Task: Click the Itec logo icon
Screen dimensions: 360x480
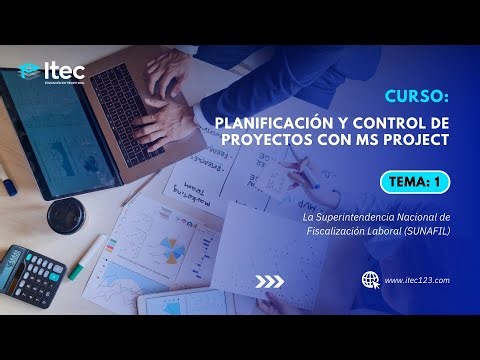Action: tap(30, 72)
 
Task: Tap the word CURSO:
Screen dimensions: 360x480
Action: tap(416, 98)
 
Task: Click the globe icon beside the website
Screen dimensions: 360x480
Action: tap(370, 281)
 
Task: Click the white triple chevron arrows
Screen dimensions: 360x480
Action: tap(270, 281)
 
